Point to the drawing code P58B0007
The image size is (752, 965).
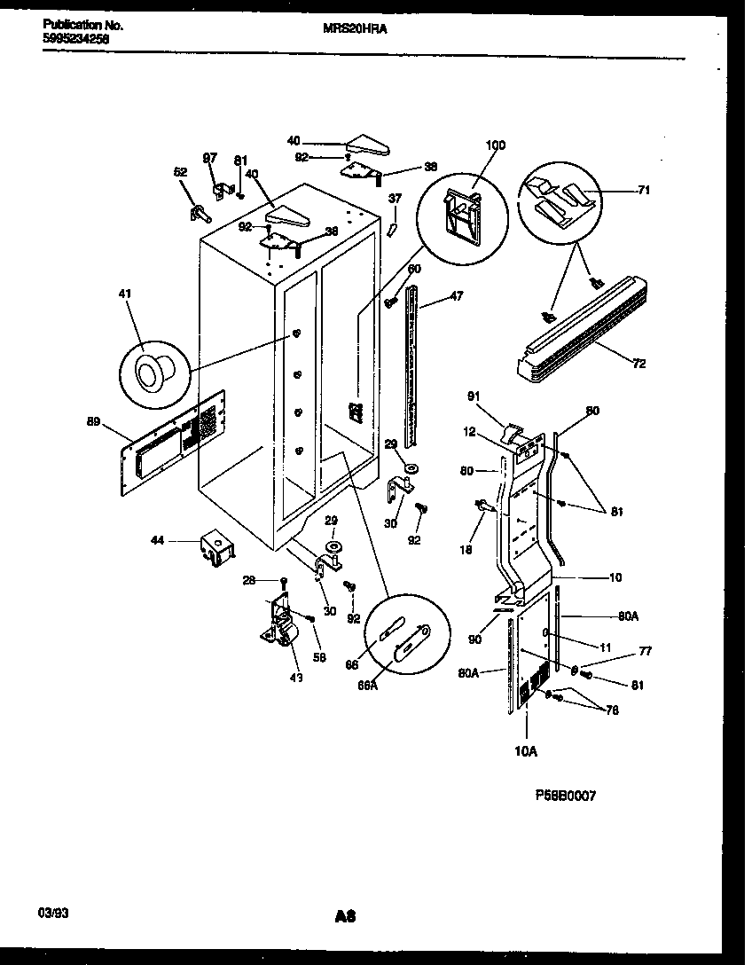pos(565,796)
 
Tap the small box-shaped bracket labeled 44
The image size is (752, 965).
pos(216,546)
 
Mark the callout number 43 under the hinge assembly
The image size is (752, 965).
pos(295,679)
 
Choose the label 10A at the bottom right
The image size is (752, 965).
pos(526,751)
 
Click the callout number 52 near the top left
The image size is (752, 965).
pos(180,172)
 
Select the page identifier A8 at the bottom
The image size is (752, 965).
pos(345,916)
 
